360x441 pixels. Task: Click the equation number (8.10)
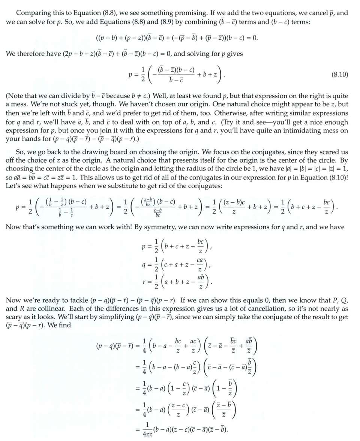(340, 75)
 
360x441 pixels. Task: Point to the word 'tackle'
(77, 300)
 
